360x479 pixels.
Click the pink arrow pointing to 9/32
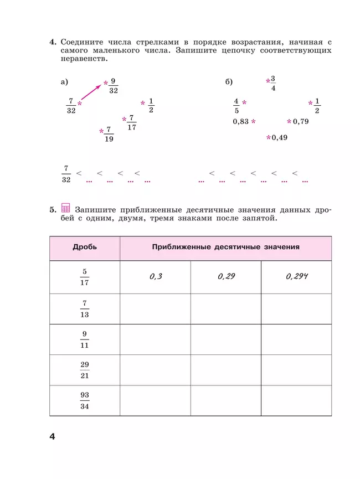[91, 93]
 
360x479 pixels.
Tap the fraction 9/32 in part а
[113, 85]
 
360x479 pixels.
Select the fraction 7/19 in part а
[109, 134]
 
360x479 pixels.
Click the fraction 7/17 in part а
[131, 122]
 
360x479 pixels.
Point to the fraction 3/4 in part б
[273, 83]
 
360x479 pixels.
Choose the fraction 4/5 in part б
[236, 105]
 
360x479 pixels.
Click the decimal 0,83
[241, 121]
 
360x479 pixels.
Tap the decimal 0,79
[300, 121]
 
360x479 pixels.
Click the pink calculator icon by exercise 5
[66, 208]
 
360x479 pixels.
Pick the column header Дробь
[84, 247]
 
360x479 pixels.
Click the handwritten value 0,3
[156, 276]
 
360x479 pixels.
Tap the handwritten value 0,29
[226, 276]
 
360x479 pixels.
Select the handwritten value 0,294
[297, 276]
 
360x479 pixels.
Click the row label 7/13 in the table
[85, 308]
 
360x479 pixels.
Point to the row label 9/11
[85, 339]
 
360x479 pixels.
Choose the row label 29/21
[85, 370]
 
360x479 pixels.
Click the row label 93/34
[85, 400]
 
